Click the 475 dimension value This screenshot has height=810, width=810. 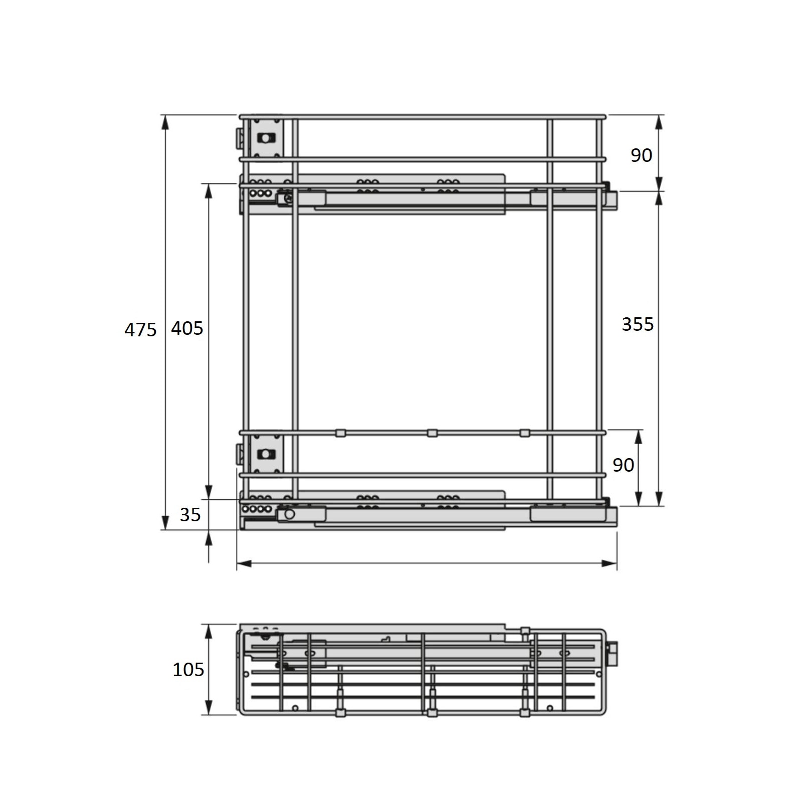(x=140, y=330)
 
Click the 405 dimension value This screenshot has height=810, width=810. (x=187, y=328)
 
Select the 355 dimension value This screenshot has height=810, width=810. (x=638, y=324)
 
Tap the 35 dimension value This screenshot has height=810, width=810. (x=190, y=515)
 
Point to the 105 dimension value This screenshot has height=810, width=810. (x=188, y=670)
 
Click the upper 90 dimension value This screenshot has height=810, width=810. (x=641, y=155)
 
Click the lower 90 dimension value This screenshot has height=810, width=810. (x=623, y=465)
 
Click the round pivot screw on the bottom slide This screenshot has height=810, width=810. (x=289, y=514)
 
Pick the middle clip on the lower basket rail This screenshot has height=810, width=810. (x=432, y=433)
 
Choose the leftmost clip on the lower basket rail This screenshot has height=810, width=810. (x=340, y=433)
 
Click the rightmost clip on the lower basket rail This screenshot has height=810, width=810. (x=524, y=433)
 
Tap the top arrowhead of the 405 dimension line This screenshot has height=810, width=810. (x=209, y=190)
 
